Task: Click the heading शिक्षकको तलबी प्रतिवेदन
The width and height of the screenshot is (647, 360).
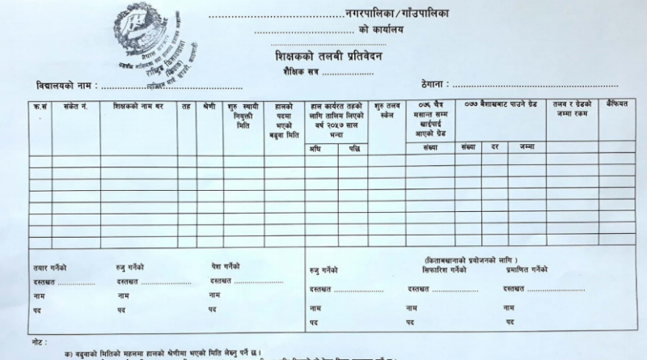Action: (x=323, y=57)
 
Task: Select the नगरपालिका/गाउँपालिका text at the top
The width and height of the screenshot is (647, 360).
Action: (x=394, y=14)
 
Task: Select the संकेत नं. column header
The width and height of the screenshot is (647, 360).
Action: (x=64, y=105)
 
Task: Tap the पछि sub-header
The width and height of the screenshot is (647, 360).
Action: (x=354, y=148)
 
